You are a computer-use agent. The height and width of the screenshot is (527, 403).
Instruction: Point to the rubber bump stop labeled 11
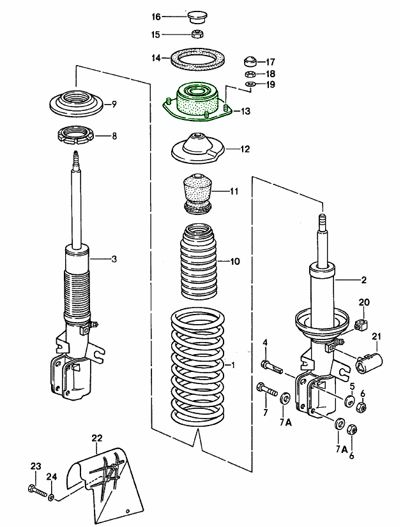tap(197, 192)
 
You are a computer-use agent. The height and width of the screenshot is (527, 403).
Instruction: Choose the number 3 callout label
tap(114, 259)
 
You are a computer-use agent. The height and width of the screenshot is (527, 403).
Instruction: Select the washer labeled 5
tap(350, 401)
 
